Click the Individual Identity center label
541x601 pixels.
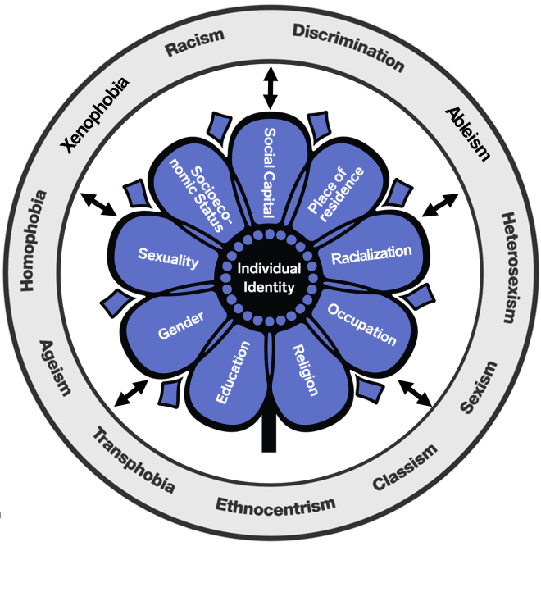pos(269,278)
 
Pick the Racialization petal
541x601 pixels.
pos(371,253)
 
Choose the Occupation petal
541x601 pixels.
pos(361,325)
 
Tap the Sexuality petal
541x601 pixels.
pos(168,259)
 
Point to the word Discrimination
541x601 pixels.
pos(348,46)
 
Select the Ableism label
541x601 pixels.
pos(467,133)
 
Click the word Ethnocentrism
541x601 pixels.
pos(275,503)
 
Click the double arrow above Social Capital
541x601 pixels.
pos(270,89)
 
